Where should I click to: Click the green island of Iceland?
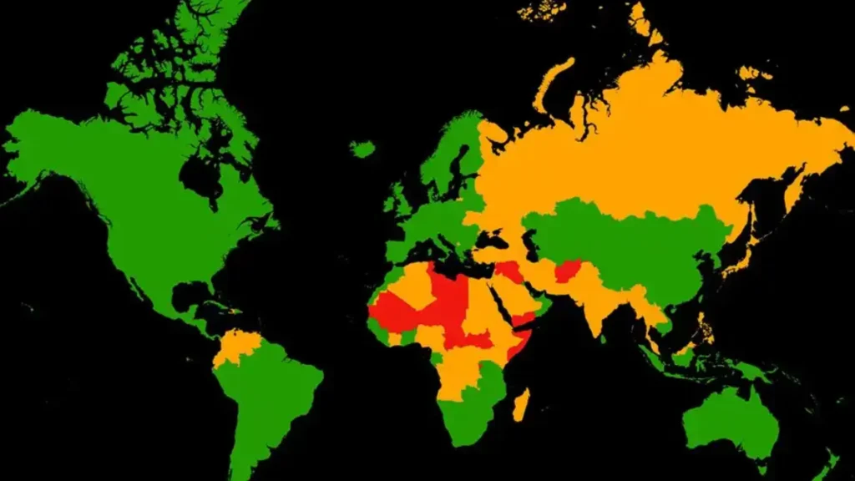point(362,149)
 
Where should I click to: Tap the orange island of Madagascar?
point(520,404)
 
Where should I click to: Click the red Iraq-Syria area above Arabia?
point(508,271)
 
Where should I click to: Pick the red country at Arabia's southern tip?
point(525,318)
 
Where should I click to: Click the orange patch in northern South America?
point(238,346)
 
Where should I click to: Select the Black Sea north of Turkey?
point(489,239)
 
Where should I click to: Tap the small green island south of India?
point(605,342)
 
